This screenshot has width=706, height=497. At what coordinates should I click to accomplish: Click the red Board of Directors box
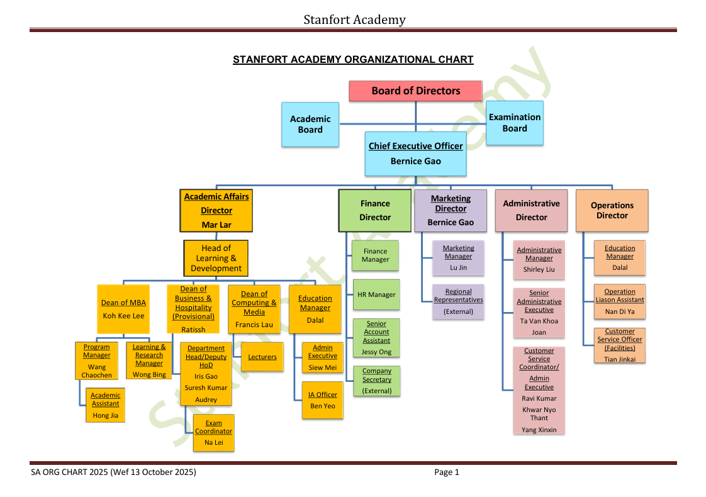tap(415, 91)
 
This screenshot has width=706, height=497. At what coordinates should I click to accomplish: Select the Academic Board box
tap(310, 125)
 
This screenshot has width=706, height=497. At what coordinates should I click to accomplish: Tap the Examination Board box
tap(515, 123)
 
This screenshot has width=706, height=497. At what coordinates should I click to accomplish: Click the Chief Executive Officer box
tap(415, 154)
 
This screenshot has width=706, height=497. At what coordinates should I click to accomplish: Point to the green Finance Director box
tap(375, 210)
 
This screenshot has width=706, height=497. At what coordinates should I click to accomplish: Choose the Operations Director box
tap(612, 210)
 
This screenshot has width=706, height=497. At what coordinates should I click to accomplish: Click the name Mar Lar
tap(216, 225)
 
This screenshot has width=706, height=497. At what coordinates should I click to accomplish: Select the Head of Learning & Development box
tap(216, 258)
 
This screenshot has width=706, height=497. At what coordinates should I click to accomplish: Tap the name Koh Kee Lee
tap(123, 316)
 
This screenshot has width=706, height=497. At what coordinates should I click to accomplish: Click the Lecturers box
tap(262, 357)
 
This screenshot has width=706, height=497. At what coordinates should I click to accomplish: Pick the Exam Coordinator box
tap(213, 432)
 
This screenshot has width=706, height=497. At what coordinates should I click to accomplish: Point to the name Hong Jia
tap(105, 415)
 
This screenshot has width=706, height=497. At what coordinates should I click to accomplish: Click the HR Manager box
tap(376, 294)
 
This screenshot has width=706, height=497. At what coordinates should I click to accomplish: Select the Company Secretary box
tap(376, 381)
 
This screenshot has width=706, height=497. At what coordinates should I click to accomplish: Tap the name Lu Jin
tap(458, 267)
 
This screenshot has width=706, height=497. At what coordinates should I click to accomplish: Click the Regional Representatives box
tap(458, 301)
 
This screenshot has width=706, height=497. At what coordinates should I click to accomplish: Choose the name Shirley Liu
tap(539, 269)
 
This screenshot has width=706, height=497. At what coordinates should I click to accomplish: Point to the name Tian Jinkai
tap(620, 359)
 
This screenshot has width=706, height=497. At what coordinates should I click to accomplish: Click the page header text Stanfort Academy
tap(354, 20)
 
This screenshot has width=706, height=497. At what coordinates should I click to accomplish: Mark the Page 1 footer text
tap(447, 472)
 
